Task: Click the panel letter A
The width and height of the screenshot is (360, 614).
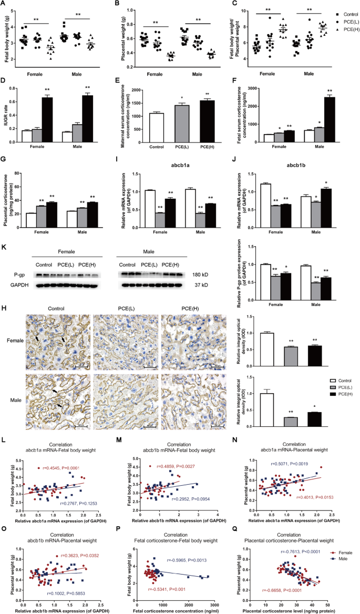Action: [x=4, y=4]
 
